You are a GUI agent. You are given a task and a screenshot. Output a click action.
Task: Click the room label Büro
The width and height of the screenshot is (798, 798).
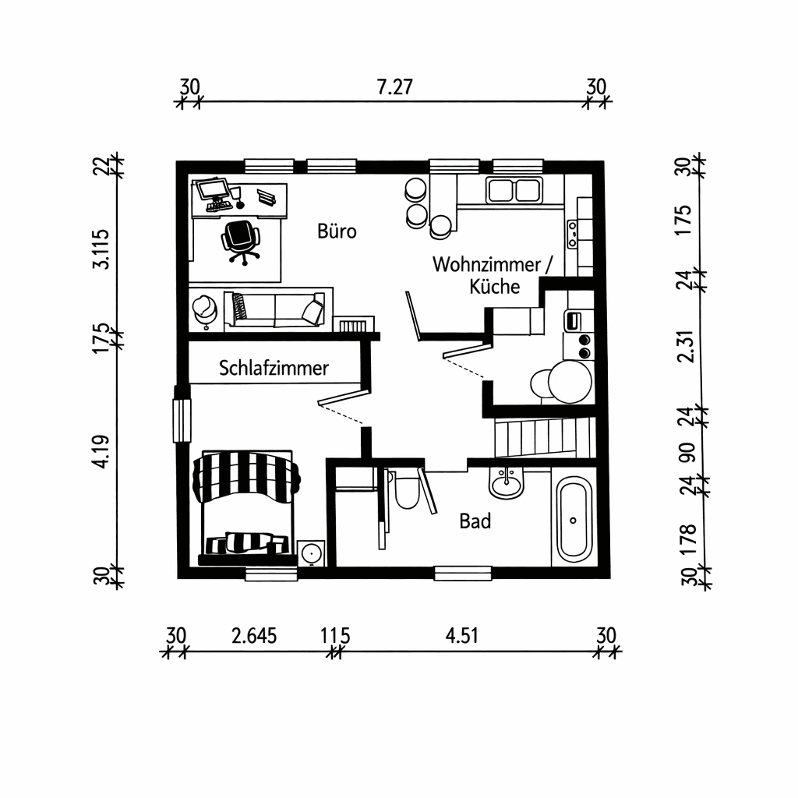tap(337, 231)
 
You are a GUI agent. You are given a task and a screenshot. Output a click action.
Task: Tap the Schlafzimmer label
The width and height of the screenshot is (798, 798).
tap(274, 368)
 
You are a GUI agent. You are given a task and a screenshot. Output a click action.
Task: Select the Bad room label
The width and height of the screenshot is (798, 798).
tap(475, 521)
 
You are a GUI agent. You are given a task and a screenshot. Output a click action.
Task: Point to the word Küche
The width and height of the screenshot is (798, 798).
tap(494, 286)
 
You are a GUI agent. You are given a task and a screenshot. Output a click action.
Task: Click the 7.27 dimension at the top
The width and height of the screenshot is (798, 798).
tap(394, 87)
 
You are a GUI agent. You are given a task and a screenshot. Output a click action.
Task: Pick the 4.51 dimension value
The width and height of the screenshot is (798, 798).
tap(461, 636)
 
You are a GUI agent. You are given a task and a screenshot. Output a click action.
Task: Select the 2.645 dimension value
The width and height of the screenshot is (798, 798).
tap(254, 636)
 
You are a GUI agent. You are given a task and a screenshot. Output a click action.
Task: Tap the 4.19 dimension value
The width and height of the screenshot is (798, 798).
tap(101, 452)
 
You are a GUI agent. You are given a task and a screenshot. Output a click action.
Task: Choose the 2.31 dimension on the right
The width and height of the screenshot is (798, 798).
tap(686, 345)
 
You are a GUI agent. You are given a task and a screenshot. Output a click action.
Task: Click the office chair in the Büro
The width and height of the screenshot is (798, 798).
tap(241, 239)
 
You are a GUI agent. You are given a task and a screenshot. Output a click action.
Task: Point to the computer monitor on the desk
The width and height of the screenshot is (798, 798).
tap(211, 189)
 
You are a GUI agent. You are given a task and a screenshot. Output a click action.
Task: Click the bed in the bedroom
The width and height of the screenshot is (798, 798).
tap(246, 507)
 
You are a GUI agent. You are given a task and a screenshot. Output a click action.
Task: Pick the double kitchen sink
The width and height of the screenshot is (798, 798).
tap(514, 189)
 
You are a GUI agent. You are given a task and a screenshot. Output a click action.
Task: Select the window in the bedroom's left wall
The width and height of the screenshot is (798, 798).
tap(182, 420)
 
